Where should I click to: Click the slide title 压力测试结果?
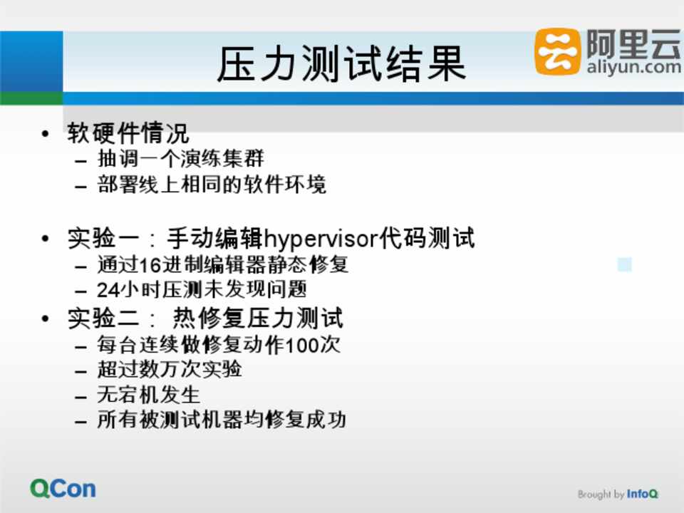(341, 63)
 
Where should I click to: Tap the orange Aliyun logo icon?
(557, 51)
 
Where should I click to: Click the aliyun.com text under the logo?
(633, 67)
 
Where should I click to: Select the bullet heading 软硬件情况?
(128, 133)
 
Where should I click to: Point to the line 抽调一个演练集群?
(180, 158)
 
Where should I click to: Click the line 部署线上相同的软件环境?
(212, 184)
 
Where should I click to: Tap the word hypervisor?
(321, 239)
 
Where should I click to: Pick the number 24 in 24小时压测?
(108, 290)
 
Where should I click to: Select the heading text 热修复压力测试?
(258, 318)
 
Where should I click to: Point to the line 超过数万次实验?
(170, 370)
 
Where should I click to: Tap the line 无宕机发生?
(148, 395)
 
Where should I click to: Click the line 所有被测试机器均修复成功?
(222, 420)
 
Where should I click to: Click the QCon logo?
(63, 489)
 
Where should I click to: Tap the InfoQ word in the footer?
(642, 494)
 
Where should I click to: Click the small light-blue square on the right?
(625, 264)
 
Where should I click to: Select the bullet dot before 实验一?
(46, 239)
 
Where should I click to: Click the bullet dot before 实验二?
(46, 318)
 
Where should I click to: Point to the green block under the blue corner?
(31, 98)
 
